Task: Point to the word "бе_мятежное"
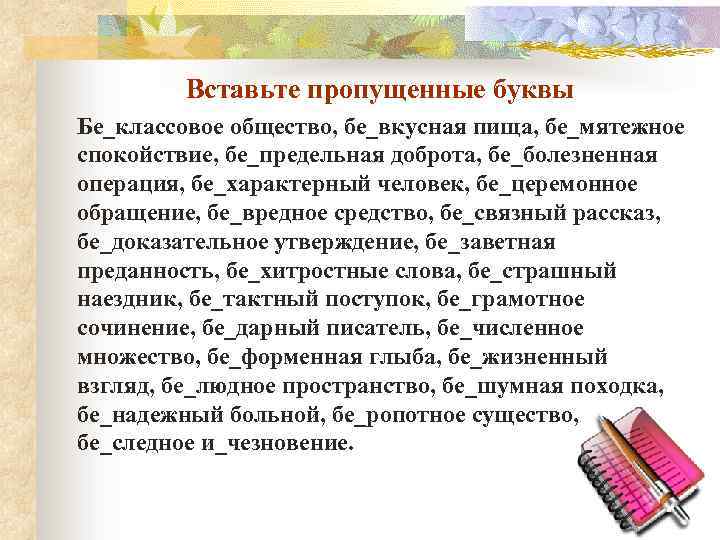point(611,128)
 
